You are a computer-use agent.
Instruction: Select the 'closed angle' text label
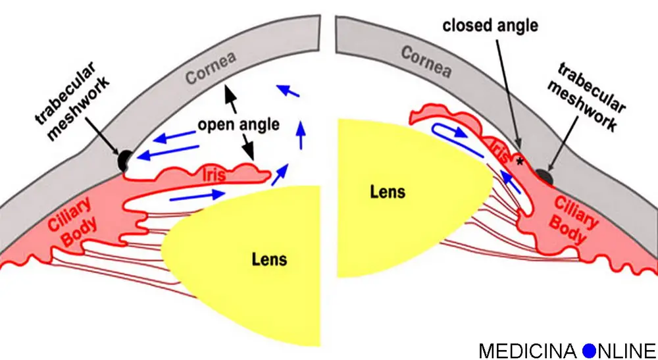coord(490,26)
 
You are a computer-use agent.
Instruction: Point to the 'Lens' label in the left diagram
coord(270,258)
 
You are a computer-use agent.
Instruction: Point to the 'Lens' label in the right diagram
coord(387,192)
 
